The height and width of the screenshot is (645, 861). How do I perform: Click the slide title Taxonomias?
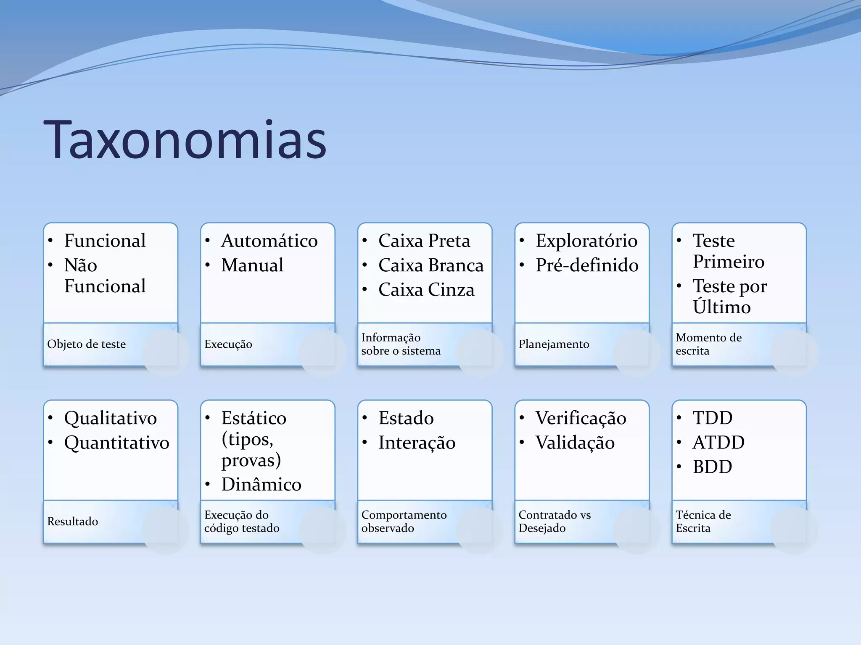(185, 140)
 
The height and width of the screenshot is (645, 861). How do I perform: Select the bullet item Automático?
(269, 241)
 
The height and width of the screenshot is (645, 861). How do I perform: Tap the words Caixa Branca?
(430, 265)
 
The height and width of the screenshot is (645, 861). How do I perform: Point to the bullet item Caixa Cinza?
(426, 290)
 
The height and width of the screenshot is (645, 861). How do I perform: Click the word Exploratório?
(586, 241)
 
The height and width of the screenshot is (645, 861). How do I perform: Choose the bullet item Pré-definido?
(586, 265)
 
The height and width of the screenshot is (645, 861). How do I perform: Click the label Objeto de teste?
(86, 344)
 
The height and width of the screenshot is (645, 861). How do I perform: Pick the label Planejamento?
(554, 344)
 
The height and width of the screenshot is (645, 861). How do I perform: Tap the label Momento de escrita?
(708, 344)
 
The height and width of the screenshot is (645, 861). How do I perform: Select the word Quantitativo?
(116, 443)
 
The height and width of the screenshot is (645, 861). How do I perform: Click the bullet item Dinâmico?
(261, 485)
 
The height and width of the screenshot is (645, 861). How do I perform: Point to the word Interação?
(417, 443)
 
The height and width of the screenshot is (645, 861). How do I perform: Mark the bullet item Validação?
(575, 443)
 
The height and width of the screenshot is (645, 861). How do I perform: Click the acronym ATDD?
(718, 443)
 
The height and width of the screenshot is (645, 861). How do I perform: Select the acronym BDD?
(712, 467)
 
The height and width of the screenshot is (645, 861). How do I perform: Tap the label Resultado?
(72, 522)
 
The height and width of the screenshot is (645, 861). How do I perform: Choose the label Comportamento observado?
(404, 522)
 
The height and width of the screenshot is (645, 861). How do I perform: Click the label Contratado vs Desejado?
(554, 522)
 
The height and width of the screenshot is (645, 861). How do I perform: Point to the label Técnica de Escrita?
(703, 522)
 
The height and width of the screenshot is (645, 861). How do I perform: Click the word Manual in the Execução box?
(252, 265)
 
